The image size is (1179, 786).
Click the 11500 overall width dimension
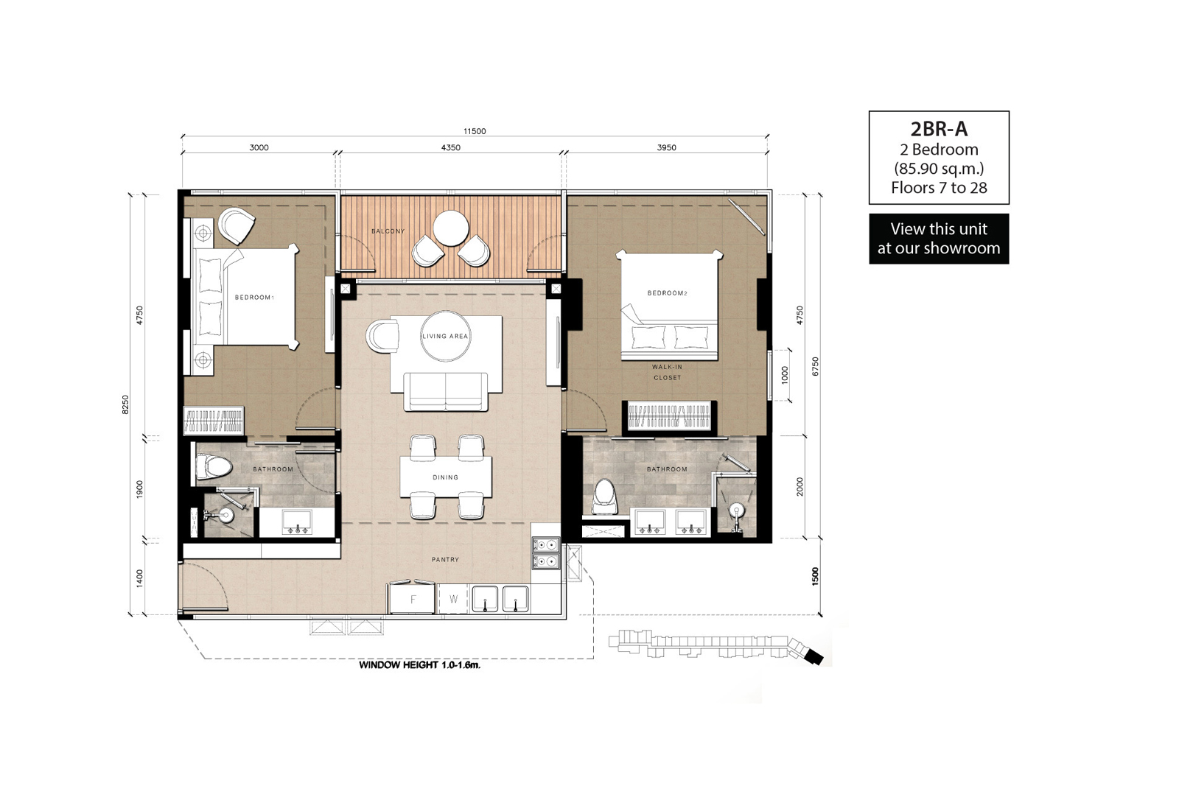475,131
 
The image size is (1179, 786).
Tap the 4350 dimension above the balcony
450,147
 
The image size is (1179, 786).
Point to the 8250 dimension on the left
125,404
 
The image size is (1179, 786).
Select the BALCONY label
388,231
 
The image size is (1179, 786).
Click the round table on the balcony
451,228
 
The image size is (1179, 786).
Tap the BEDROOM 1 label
254,298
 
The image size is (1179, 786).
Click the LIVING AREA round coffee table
445,336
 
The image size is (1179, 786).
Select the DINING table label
445,477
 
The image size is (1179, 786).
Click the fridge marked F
413,599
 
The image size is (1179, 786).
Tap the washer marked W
453,599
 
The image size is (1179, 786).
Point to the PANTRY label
445,559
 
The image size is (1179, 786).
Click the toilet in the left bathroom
214,467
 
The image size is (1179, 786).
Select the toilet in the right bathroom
604,496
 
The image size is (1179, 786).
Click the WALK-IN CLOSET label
667,372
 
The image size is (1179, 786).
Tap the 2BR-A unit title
939,129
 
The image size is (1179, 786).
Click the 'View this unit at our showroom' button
939,239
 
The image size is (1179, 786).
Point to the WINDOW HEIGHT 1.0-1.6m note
420,665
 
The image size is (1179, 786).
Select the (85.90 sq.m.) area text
939,169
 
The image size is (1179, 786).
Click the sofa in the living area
445,391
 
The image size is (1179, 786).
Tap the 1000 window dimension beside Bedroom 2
785,375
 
